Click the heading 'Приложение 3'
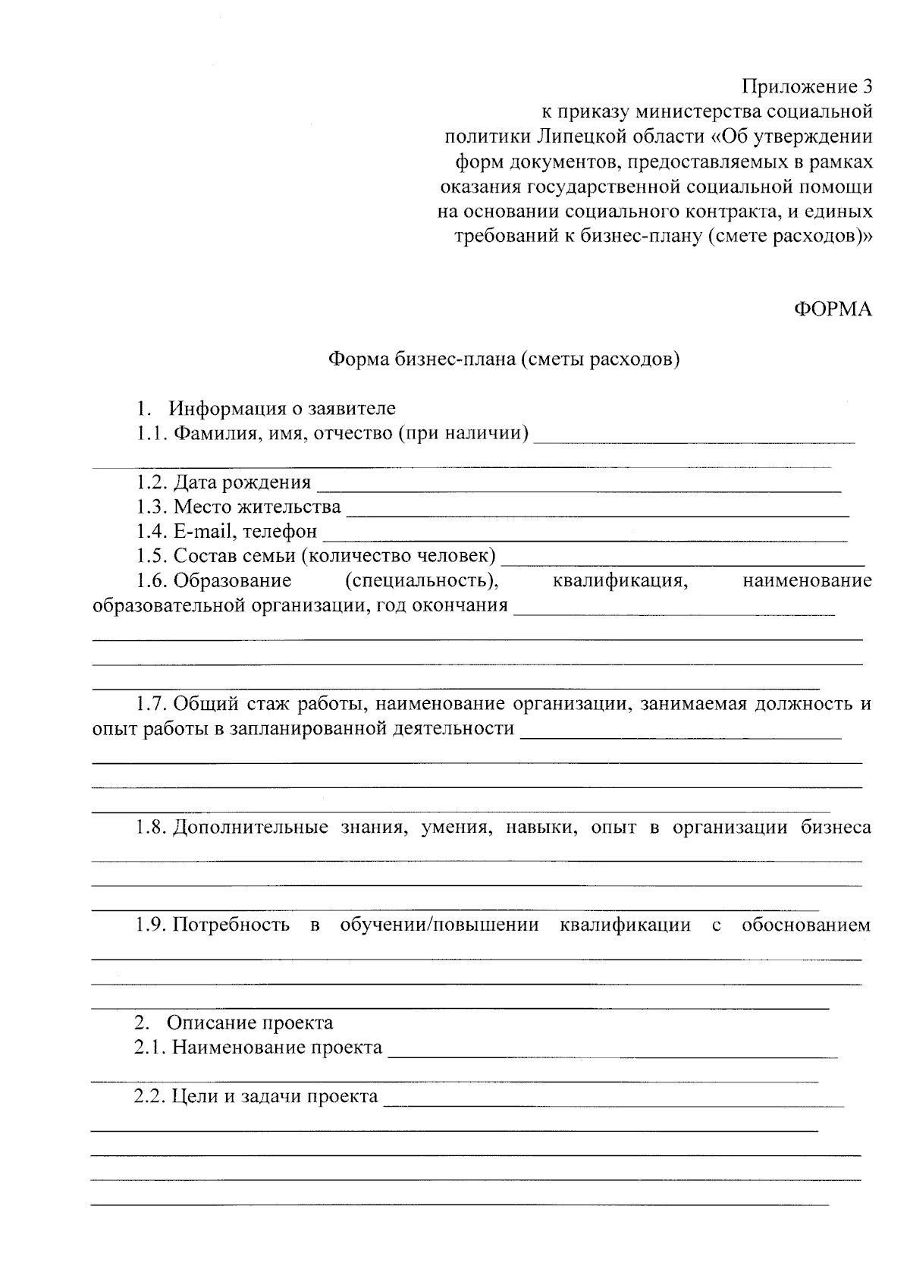pyautogui.click(x=807, y=86)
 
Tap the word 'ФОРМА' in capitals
pyautogui.click(x=833, y=309)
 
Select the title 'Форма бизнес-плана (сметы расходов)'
pyautogui.click(x=503, y=359)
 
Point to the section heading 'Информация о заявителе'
pyautogui.click(x=282, y=409)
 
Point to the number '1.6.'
pyautogui.click(x=152, y=581)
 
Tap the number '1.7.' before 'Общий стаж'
pyautogui.click(x=152, y=704)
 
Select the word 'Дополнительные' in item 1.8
pyautogui.click(x=250, y=827)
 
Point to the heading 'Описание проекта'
pyautogui.click(x=250, y=1023)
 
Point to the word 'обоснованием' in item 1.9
pyautogui.click(x=806, y=925)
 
